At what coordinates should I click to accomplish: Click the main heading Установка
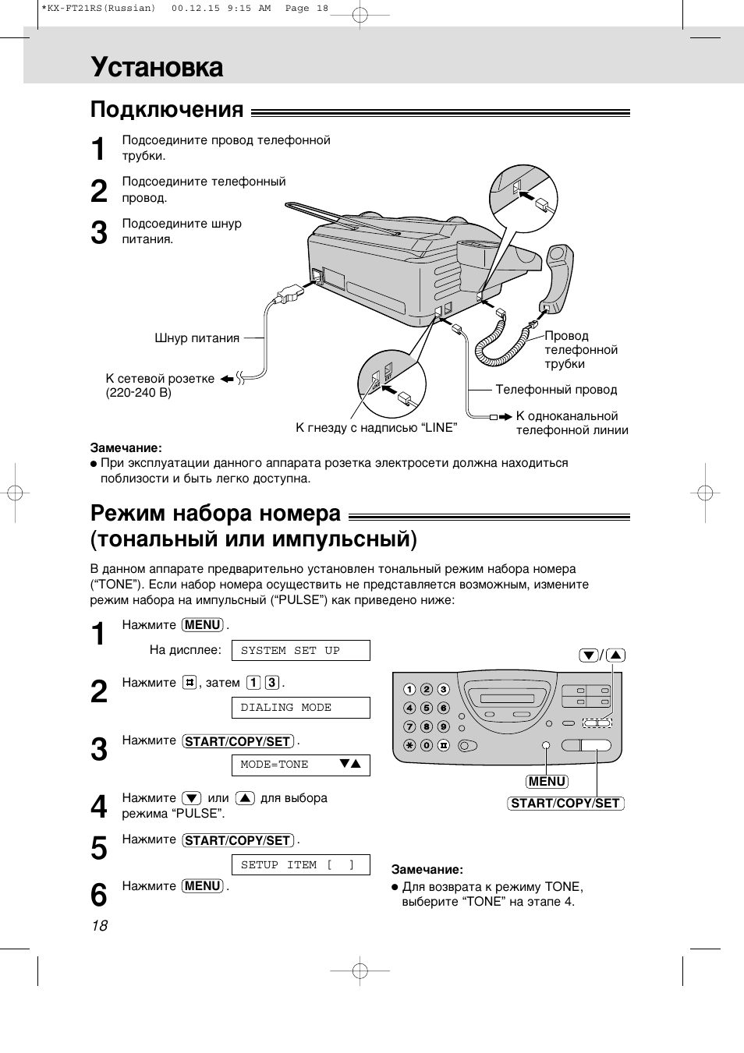(157, 68)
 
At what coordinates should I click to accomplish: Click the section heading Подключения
(167, 110)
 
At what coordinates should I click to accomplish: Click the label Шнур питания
(197, 338)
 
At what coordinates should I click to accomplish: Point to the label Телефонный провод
(556, 390)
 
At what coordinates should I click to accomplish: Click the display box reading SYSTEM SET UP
(300, 651)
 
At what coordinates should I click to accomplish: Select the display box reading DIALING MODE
(300, 708)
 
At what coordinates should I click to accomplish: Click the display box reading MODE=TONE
(300, 765)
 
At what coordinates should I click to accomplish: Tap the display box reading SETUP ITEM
(300, 865)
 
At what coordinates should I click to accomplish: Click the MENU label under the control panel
(547, 782)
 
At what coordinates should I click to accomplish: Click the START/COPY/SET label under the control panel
(565, 804)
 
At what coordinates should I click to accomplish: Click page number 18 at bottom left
(99, 926)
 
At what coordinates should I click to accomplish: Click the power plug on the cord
(286, 295)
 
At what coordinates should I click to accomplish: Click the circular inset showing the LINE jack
(392, 383)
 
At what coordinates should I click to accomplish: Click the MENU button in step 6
(203, 886)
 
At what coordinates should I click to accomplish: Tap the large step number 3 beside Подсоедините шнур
(99, 233)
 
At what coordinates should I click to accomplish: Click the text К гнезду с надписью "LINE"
(376, 428)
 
